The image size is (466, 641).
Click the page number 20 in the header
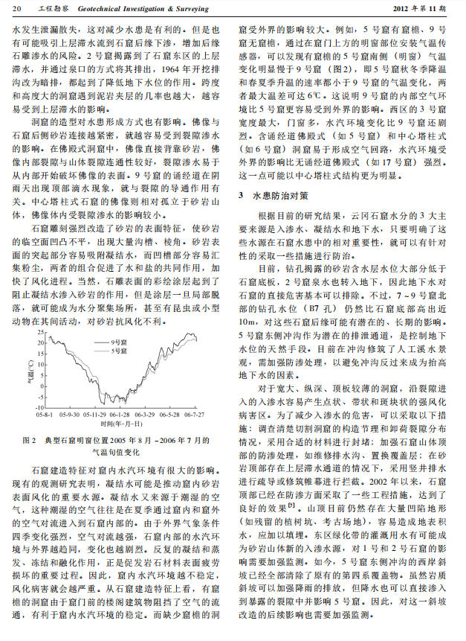point(17,7)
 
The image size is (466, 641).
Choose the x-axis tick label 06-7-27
point(194,414)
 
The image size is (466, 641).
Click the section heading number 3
point(241,195)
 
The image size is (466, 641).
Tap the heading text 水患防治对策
point(276,195)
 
